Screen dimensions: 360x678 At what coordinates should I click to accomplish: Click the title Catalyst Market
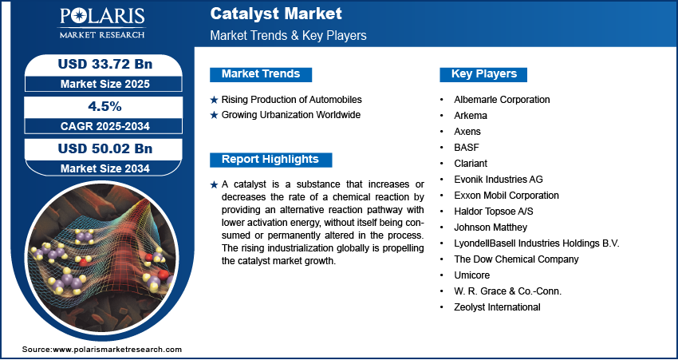point(276,14)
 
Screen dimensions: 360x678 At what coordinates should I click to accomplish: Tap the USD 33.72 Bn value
point(99,64)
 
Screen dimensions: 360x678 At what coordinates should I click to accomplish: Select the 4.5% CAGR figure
point(99,106)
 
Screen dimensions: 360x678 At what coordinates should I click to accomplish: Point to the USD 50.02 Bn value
point(99,148)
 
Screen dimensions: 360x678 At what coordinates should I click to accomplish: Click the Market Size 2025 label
point(99,83)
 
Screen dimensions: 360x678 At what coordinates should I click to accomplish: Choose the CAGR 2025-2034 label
point(99,125)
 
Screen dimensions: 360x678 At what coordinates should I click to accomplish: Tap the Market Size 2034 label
point(99,168)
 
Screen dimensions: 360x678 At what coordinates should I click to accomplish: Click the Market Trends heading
point(261,74)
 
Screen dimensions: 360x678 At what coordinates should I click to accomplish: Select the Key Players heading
point(484,74)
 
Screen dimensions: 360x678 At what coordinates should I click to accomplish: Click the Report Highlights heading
point(270,159)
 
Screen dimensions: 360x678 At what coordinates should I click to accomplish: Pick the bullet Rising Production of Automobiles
point(292,100)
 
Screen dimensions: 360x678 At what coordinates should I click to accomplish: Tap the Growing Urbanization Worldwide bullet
point(291,115)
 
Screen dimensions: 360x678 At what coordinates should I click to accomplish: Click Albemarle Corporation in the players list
point(502,100)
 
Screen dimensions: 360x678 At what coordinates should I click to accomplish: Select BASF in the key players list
point(467,148)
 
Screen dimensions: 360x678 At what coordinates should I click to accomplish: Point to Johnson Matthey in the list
point(491,227)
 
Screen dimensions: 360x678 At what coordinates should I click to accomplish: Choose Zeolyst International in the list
point(497,307)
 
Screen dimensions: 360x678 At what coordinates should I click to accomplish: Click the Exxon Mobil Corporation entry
point(507,196)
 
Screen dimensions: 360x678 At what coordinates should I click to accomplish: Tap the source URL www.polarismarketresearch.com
point(117,350)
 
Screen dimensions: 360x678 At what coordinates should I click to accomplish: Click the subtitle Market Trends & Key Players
point(288,36)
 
